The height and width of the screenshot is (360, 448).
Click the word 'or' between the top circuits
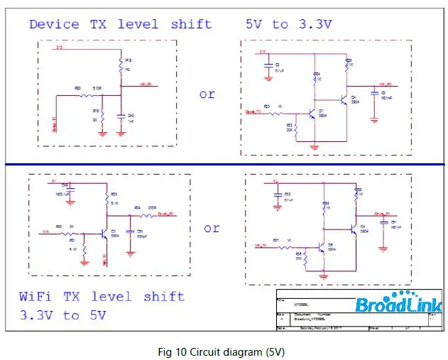tap(207, 94)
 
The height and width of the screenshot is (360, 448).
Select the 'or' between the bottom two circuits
tap(212, 229)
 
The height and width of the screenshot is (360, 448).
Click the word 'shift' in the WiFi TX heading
tap(159, 296)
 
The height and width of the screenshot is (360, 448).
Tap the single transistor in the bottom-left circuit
tap(104, 233)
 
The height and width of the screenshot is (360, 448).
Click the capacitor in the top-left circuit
tap(121, 114)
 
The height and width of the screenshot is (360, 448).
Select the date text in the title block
tap(312, 327)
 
